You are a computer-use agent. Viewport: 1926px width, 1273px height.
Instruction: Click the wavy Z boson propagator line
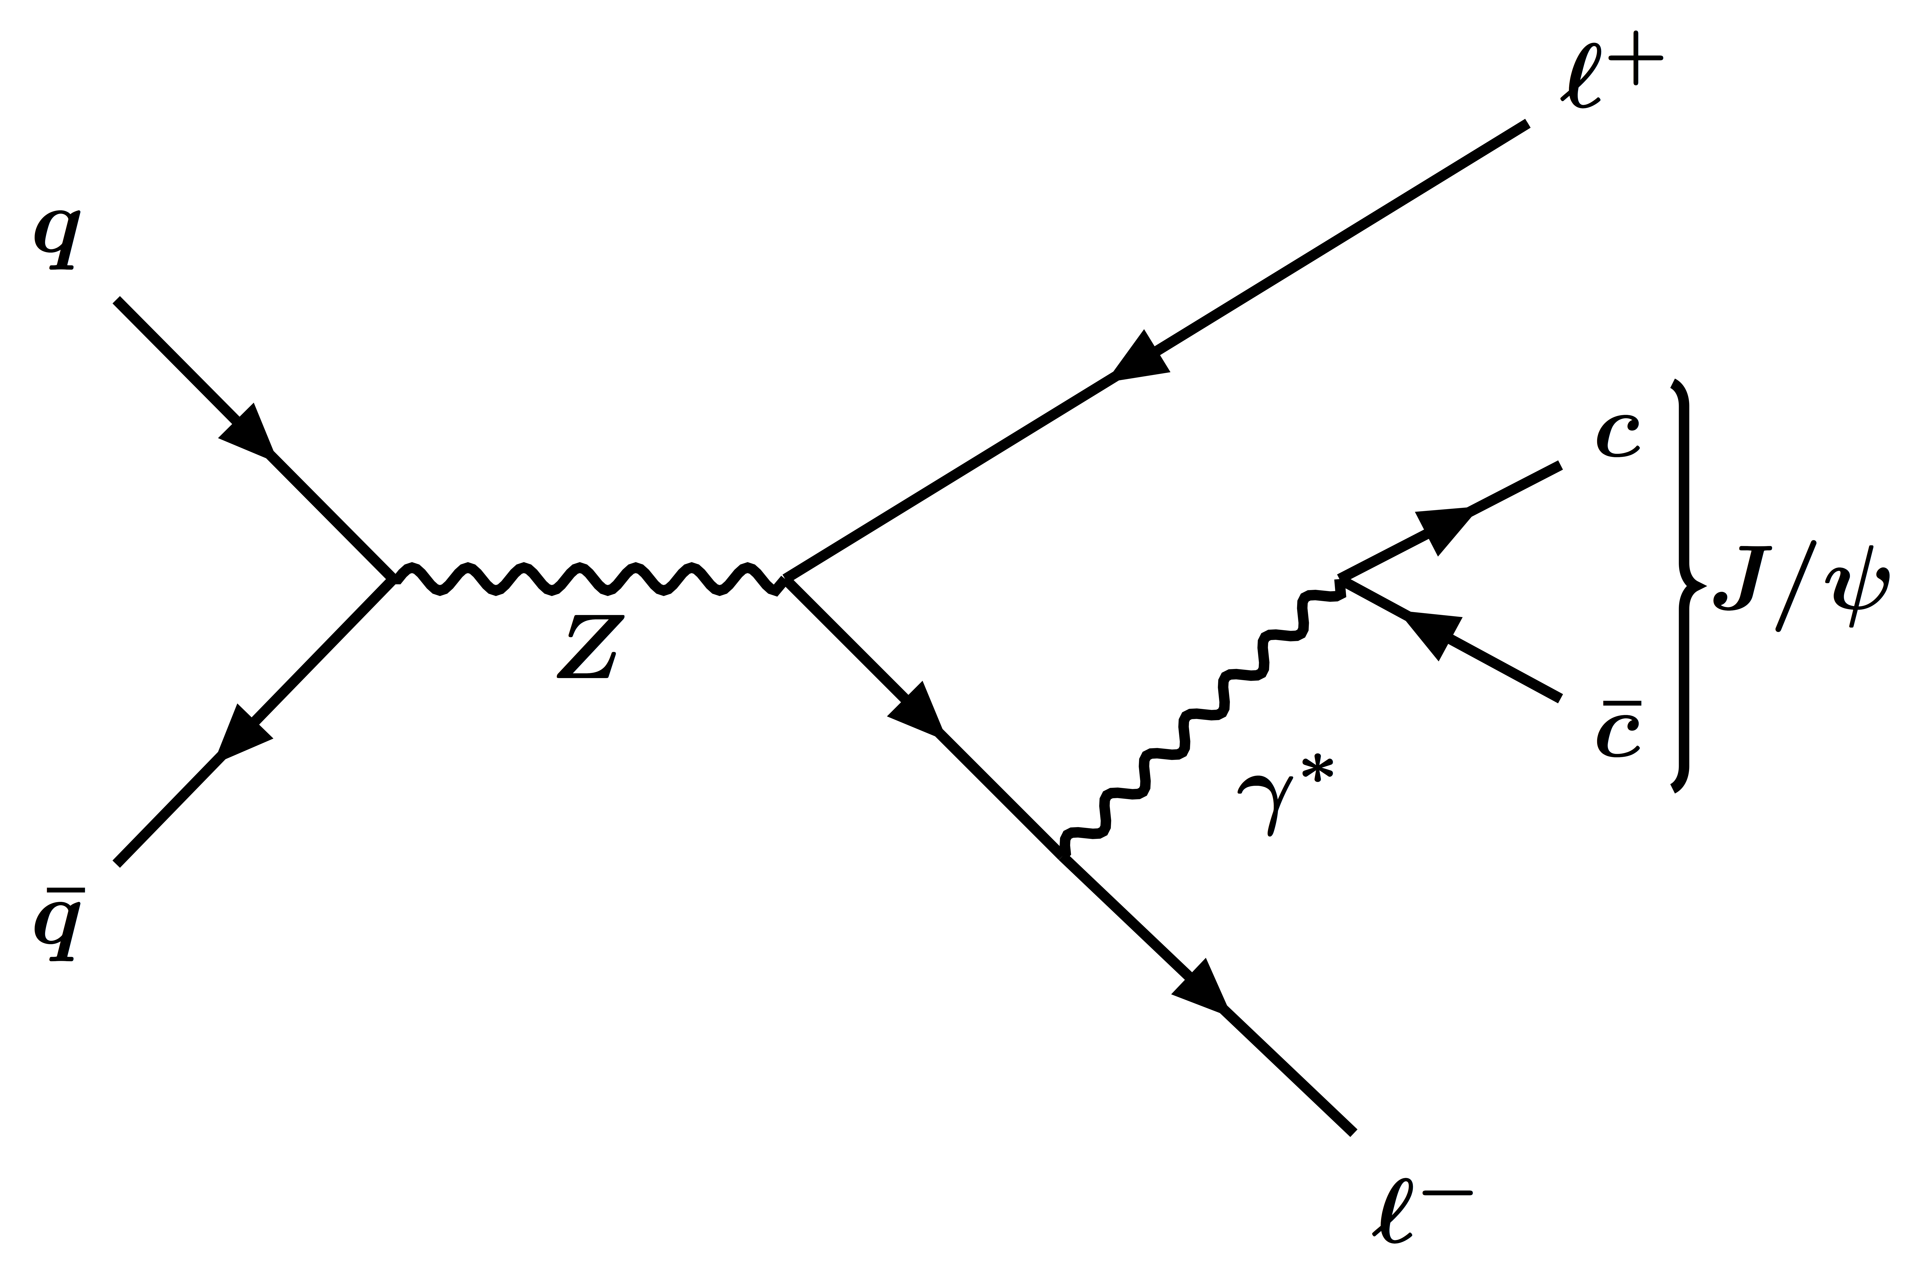click(589, 578)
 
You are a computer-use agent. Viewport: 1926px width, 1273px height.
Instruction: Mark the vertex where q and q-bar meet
click(394, 578)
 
